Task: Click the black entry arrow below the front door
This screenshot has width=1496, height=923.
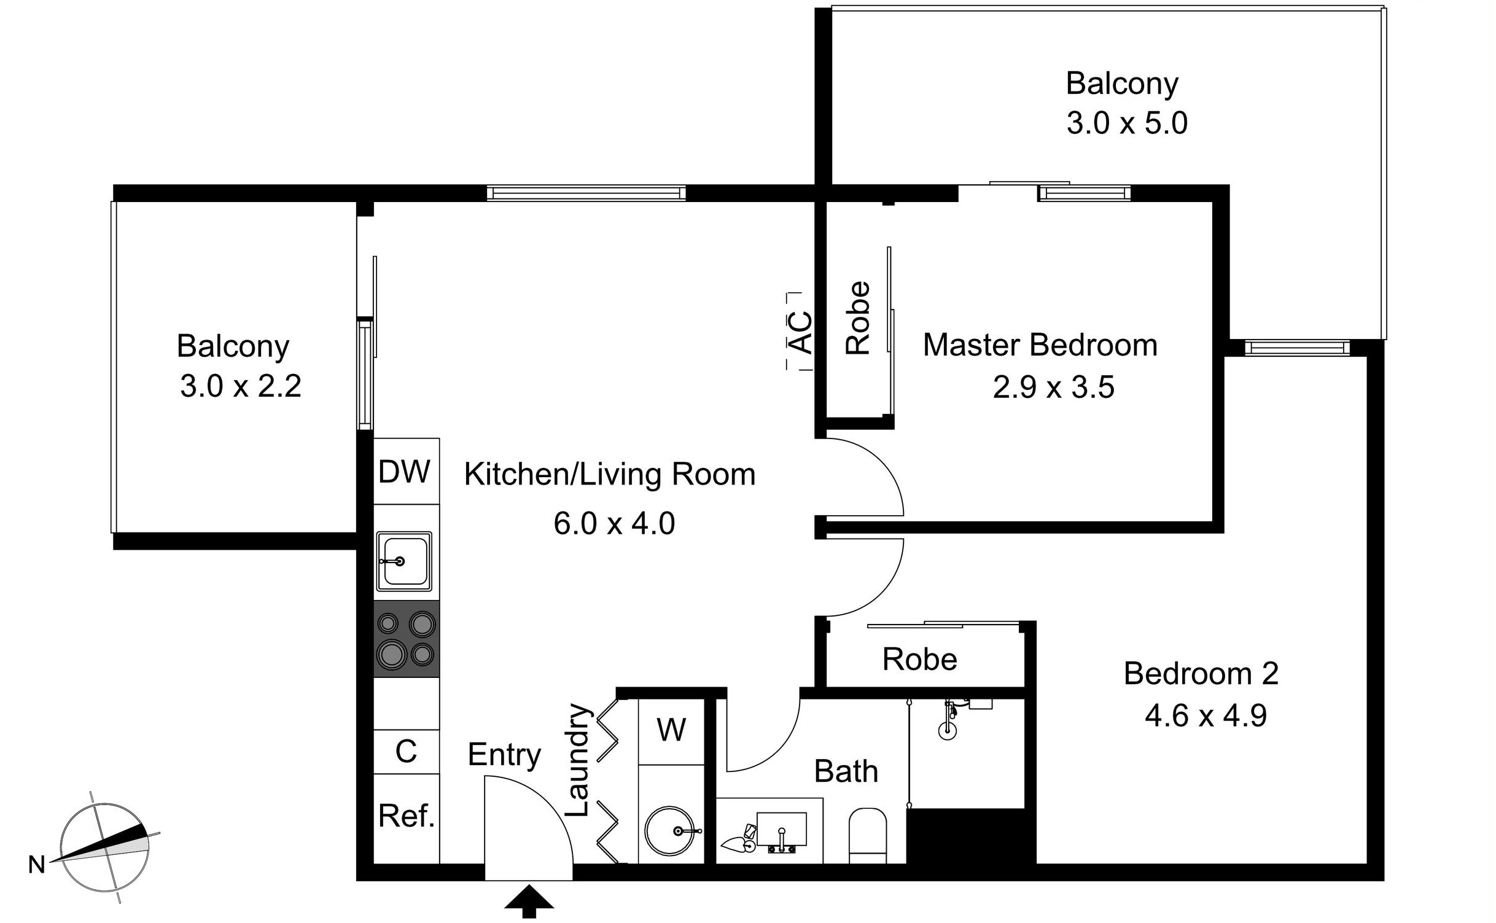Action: click(529, 900)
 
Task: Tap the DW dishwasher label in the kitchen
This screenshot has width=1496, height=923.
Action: click(404, 472)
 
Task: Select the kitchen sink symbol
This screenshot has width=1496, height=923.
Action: click(404, 561)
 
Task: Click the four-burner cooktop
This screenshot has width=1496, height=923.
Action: click(406, 639)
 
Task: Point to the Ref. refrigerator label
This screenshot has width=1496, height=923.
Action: click(406, 816)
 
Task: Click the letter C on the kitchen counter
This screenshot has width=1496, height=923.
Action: click(406, 752)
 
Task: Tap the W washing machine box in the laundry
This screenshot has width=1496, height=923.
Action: click(671, 731)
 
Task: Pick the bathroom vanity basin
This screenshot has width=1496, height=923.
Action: click(781, 830)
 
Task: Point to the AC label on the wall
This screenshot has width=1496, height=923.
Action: click(800, 332)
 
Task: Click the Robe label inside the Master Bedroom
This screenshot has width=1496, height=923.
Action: click(858, 317)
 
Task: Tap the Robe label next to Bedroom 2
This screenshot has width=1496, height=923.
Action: click(919, 660)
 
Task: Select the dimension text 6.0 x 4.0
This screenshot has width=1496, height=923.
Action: click(614, 524)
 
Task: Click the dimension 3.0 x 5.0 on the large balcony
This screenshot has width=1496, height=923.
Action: click(1126, 123)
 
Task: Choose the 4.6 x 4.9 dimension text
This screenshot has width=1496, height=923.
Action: click(1205, 716)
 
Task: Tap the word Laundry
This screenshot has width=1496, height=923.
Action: click(578, 760)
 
